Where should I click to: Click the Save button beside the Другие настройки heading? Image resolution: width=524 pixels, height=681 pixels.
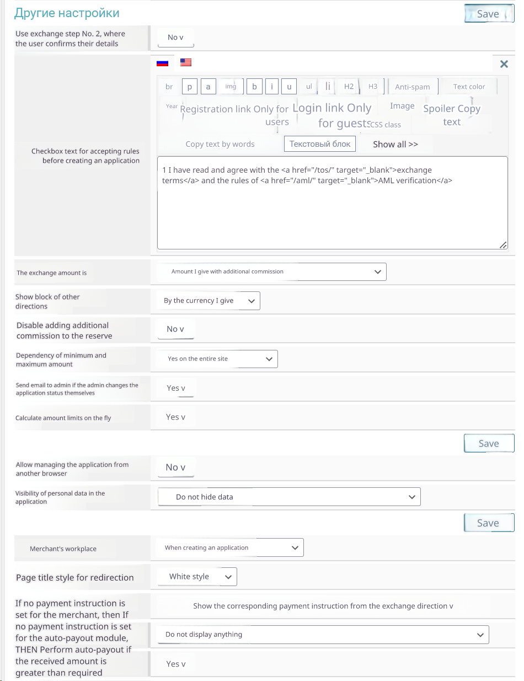coord(488,14)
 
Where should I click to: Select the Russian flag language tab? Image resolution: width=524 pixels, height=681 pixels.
coord(162,63)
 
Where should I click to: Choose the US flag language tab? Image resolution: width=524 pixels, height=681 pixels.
coord(186,62)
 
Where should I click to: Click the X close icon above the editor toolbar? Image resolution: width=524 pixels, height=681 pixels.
coord(504,64)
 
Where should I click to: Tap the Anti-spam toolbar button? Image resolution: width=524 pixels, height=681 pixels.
coord(413,87)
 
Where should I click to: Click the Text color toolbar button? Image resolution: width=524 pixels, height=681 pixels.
coord(469,87)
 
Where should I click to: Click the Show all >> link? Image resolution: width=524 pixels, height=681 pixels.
coord(395,144)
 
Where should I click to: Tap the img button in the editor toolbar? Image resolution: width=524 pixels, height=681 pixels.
coord(231,87)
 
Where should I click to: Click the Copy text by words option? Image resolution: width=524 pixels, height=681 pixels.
coord(220,144)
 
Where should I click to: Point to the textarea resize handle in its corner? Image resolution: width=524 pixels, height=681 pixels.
coord(503,245)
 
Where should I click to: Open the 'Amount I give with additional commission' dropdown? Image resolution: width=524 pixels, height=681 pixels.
coord(271,272)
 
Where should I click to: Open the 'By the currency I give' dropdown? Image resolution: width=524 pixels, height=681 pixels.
coord(208,301)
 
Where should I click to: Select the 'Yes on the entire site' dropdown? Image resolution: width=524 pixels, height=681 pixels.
coord(217,359)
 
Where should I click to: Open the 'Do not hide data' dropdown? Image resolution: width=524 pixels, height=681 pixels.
coord(289,497)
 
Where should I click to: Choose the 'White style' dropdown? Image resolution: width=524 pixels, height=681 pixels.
coord(197,577)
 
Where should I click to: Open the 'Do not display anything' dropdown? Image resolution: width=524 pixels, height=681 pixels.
coord(323,635)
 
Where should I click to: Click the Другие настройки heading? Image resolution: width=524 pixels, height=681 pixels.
coord(67,13)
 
